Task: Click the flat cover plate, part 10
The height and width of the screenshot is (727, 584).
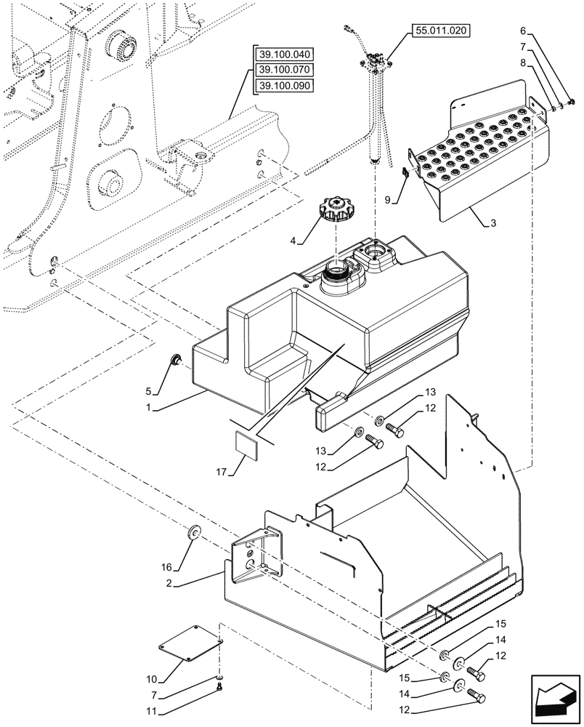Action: (191, 642)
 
